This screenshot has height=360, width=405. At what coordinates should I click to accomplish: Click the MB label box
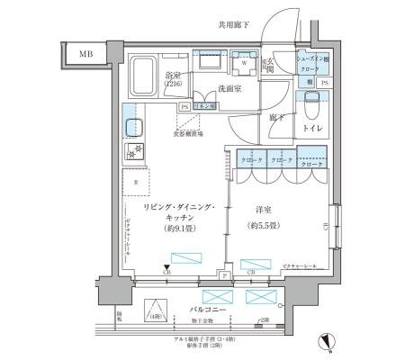(85, 55)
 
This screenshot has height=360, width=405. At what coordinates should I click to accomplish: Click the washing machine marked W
(243, 65)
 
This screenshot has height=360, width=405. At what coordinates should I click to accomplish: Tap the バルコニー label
(203, 310)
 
